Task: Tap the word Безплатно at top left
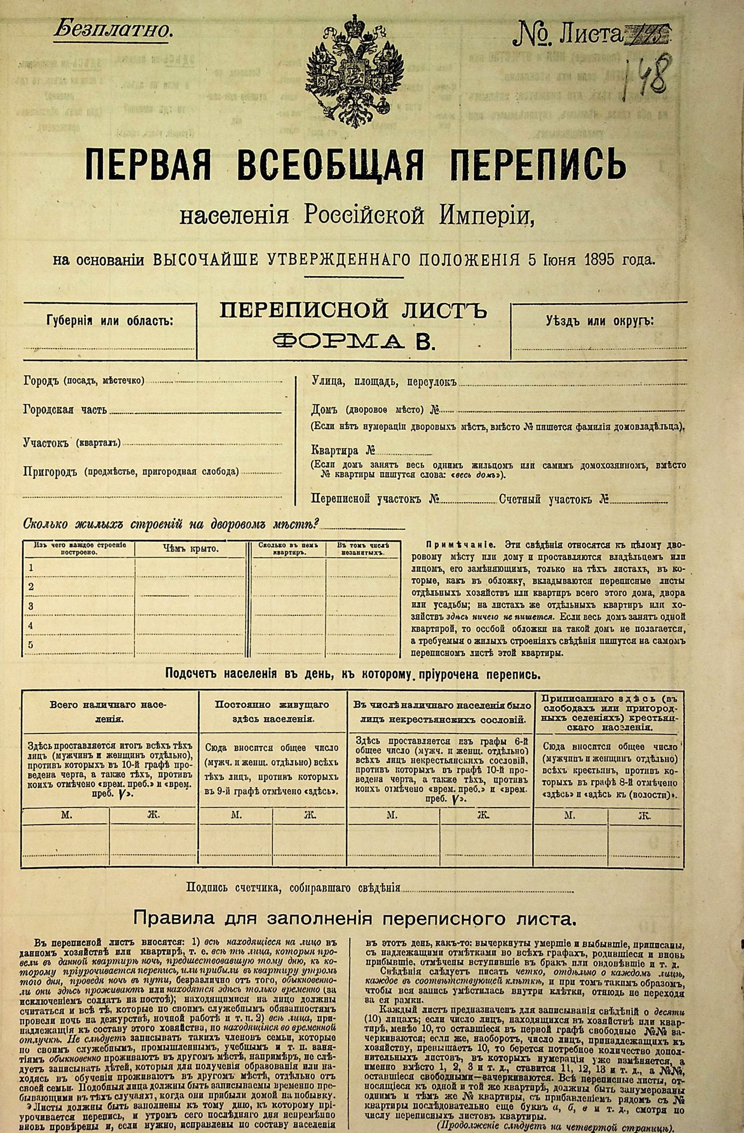pos(113,30)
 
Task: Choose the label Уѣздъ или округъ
pos(600,321)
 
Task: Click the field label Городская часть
pos(65,410)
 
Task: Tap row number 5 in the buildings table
pos(31,645)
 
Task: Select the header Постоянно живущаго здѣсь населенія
pos(272,712)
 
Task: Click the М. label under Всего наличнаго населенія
pos(66,815)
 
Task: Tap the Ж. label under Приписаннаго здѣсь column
pos(645,815)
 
